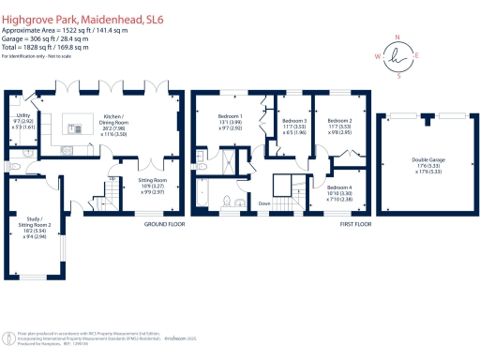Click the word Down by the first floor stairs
coord(265,203)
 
